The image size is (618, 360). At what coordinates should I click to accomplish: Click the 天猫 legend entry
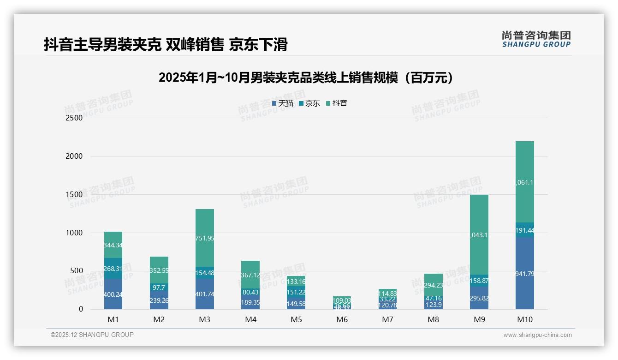[283, 103]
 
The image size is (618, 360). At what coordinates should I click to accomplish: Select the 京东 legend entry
[309, 103]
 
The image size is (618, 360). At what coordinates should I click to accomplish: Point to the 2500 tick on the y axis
[74, 118]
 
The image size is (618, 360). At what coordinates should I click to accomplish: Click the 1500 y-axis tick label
[74, 195]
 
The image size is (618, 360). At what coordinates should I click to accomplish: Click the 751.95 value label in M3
[205, 238]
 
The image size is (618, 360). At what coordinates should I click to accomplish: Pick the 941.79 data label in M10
[525, 274]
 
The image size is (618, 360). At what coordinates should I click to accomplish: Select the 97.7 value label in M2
[159, 288]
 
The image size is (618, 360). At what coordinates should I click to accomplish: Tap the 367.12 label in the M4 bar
[250, 275]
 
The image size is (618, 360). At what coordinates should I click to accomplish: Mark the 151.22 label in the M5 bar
[296, 292]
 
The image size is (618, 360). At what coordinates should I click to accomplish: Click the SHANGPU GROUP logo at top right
[536, 39]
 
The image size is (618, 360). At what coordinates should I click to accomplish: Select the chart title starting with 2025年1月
[306, 78]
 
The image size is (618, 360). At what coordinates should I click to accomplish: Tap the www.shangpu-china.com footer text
[537, 335]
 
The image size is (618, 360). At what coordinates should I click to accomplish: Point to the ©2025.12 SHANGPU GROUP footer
[92, 335]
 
